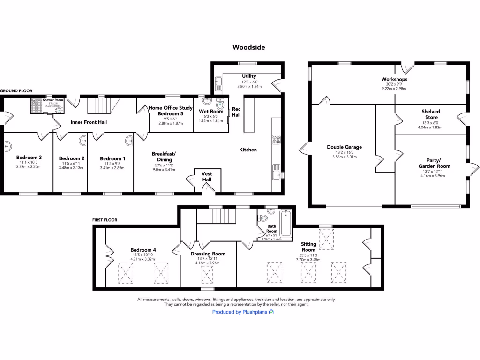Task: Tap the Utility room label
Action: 249,76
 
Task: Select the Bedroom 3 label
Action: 29,157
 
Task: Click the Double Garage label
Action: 344,147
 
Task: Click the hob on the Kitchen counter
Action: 277,139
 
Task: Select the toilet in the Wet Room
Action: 220,104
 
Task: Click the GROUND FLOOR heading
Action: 16,91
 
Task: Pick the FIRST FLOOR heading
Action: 105,219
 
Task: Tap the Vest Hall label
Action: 207,177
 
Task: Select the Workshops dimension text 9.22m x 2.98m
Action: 394,89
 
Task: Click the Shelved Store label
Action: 430,114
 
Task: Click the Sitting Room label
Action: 308,247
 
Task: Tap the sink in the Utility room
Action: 218,84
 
